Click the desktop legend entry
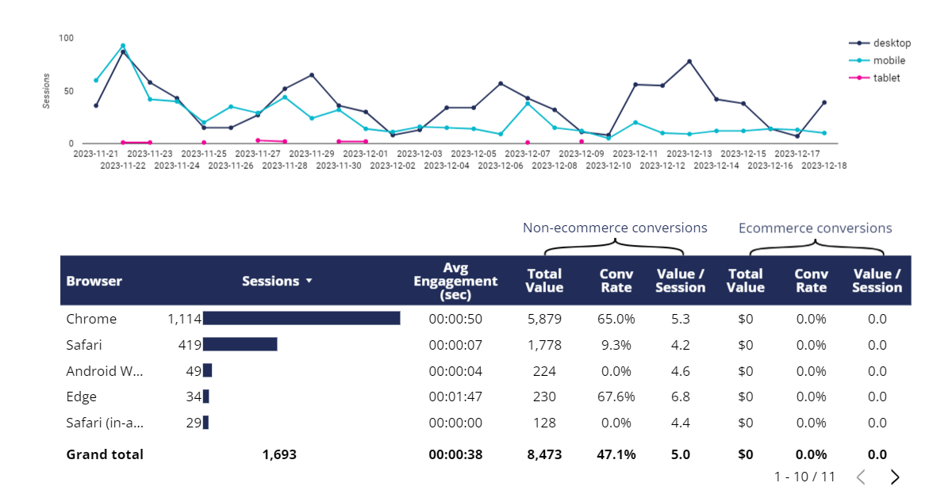[x=892, y=43]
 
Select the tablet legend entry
[x=886, y=78]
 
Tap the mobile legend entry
[x=889, y=60]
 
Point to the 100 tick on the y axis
[x=66, y=38]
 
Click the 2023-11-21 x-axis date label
[x=95, y=154]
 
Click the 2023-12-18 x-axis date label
[x=824, y=166]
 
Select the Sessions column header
[x=271, y=281]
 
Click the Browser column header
[x=94, y=281]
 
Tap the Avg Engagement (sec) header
[x=455, y=281]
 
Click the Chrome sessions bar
[x=301, y=319]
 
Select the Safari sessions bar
[x=240, y=345]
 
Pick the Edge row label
[x=82, y=396]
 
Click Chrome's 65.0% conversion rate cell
[x=616, y=319]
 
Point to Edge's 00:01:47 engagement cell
[x=455, y=396]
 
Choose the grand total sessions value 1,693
[x=278, y=454]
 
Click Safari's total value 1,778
[x=544, y=345]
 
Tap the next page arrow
[x=895, y=477]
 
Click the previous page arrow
[x=861, y=477]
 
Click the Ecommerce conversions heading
[x=815, y=228]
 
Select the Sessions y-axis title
[x=47, y=90]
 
